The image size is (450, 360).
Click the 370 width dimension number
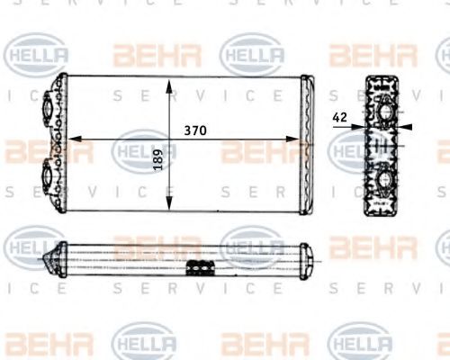195,130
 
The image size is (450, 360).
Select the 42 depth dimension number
341,115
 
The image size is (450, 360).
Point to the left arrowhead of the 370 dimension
74,139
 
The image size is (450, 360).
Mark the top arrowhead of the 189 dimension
170,85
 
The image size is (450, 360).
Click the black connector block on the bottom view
200,267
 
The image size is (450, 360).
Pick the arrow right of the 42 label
402,127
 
